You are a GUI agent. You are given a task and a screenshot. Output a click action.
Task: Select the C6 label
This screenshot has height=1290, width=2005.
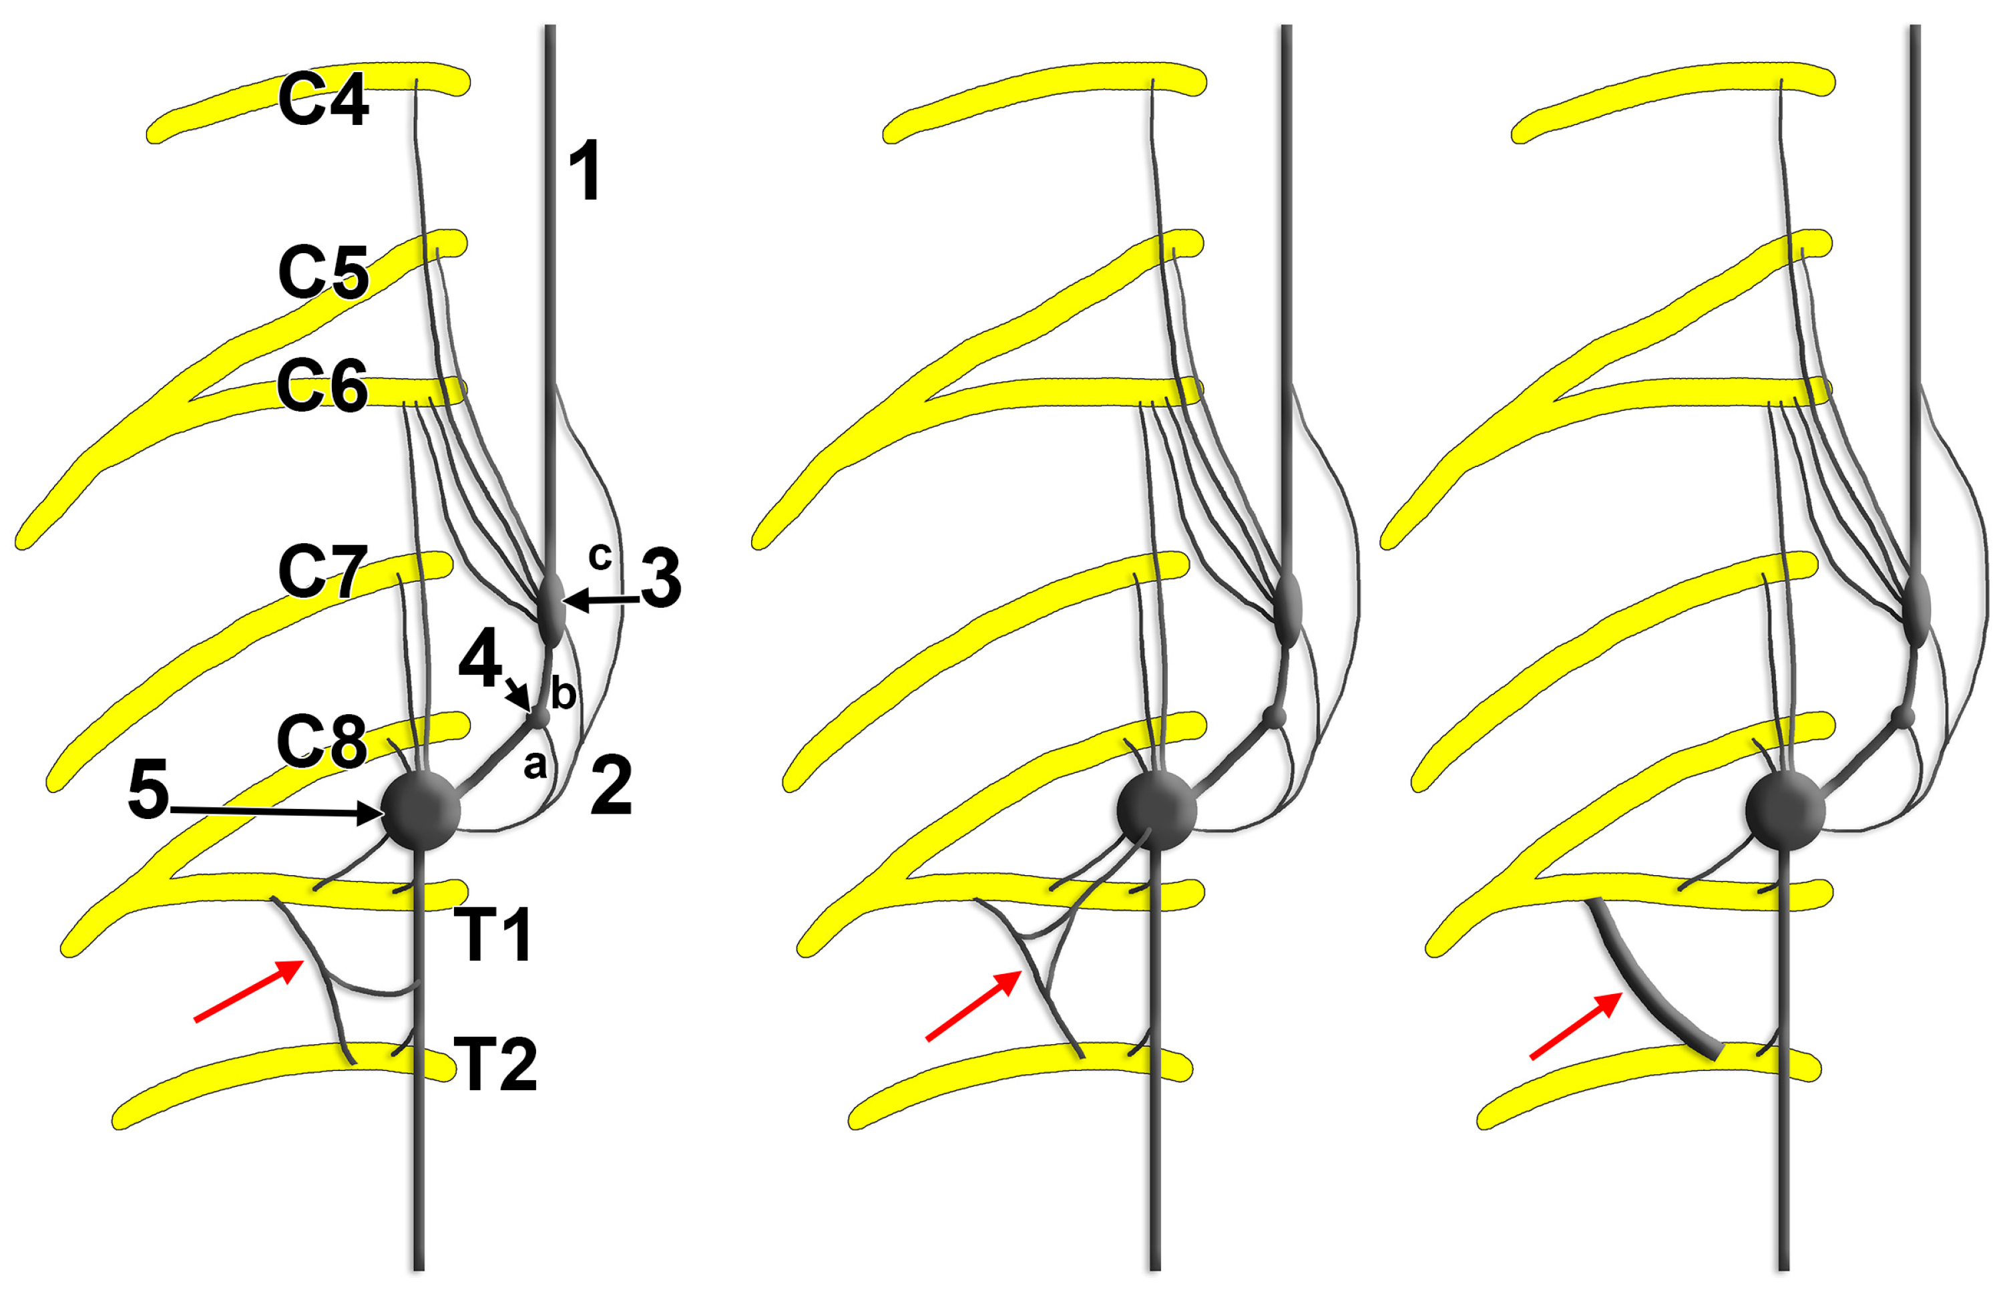[322, 386]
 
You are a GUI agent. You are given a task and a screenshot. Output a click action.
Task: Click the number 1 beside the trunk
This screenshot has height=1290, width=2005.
[585, 171]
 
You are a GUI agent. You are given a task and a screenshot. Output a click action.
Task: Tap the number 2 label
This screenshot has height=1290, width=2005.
[610, 785]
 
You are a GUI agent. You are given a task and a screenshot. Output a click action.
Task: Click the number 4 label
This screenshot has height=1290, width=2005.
[479, 659]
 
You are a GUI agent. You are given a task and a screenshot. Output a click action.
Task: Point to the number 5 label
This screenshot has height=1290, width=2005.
[148, 790]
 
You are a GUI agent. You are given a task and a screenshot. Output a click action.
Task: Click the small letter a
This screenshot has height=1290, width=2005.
[534, 765]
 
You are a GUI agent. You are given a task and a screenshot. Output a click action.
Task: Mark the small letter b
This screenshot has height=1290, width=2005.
[564, 693]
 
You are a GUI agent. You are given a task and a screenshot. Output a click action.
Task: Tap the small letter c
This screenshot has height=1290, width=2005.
[600, 555]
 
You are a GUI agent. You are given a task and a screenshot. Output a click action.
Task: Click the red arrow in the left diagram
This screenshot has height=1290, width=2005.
[248, 991]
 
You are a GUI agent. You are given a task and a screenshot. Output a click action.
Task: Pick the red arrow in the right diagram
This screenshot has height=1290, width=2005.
[1576, 1026]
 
